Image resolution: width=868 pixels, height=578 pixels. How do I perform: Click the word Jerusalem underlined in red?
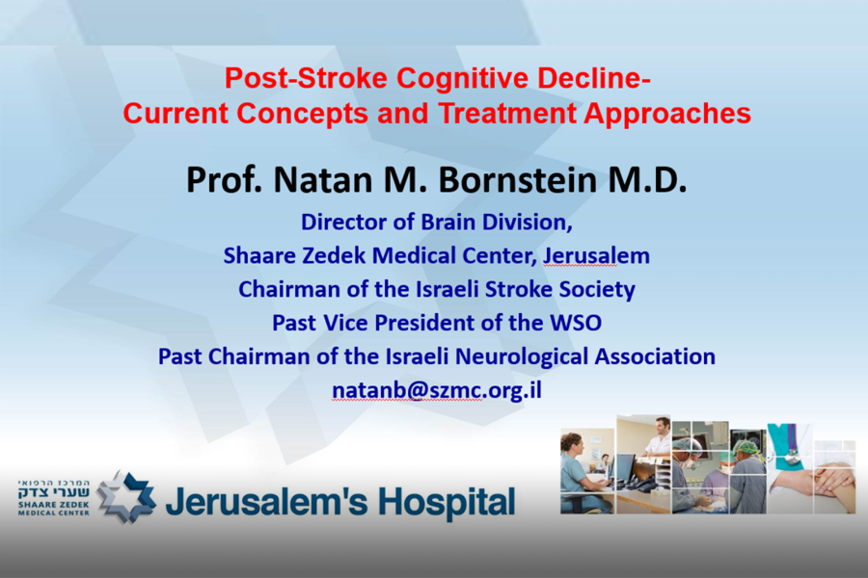click(x=596, y=256)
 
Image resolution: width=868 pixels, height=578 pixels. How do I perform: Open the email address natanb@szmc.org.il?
click(x=437, y=390)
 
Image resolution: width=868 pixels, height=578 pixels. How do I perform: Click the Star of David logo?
click(x=126, y=497)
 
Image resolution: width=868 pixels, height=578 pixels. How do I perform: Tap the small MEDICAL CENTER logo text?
click(x=54, y=512)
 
